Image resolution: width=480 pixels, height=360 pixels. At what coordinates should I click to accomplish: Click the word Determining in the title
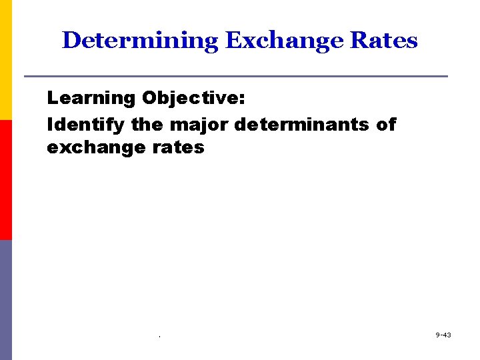point(140,41)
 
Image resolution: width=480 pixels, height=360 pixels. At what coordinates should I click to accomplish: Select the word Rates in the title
point(385,41)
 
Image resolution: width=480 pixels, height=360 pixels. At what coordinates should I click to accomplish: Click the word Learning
point(91,99)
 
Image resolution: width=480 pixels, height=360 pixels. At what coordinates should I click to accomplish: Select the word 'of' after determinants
point(386,125)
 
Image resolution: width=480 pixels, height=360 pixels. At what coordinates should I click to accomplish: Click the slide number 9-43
point(443,335)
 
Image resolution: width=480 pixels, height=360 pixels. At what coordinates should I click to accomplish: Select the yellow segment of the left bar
point(5,60)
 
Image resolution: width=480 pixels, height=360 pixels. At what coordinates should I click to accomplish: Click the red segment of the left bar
point(5,180)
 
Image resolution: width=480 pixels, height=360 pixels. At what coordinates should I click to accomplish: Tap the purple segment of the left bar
point(5,300)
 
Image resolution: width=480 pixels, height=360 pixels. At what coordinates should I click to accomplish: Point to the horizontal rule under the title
point(235,76)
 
